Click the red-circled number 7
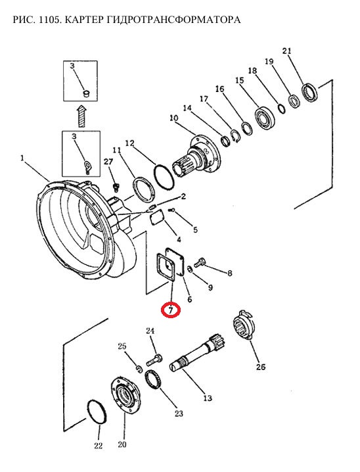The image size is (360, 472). click(171, 310)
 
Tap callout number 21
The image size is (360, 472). click(287, 51)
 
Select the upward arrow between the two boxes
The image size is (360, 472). click(81, 116)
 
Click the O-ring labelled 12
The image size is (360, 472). click(164, 177)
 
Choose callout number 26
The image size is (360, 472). click(261, 367)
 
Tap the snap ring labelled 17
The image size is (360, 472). click(236, 136)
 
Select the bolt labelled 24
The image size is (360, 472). click(155, 360)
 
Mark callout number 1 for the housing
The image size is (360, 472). click(22, 157)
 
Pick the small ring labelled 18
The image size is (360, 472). click(282, 108)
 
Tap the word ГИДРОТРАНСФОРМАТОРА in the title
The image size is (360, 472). click(173, 20)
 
